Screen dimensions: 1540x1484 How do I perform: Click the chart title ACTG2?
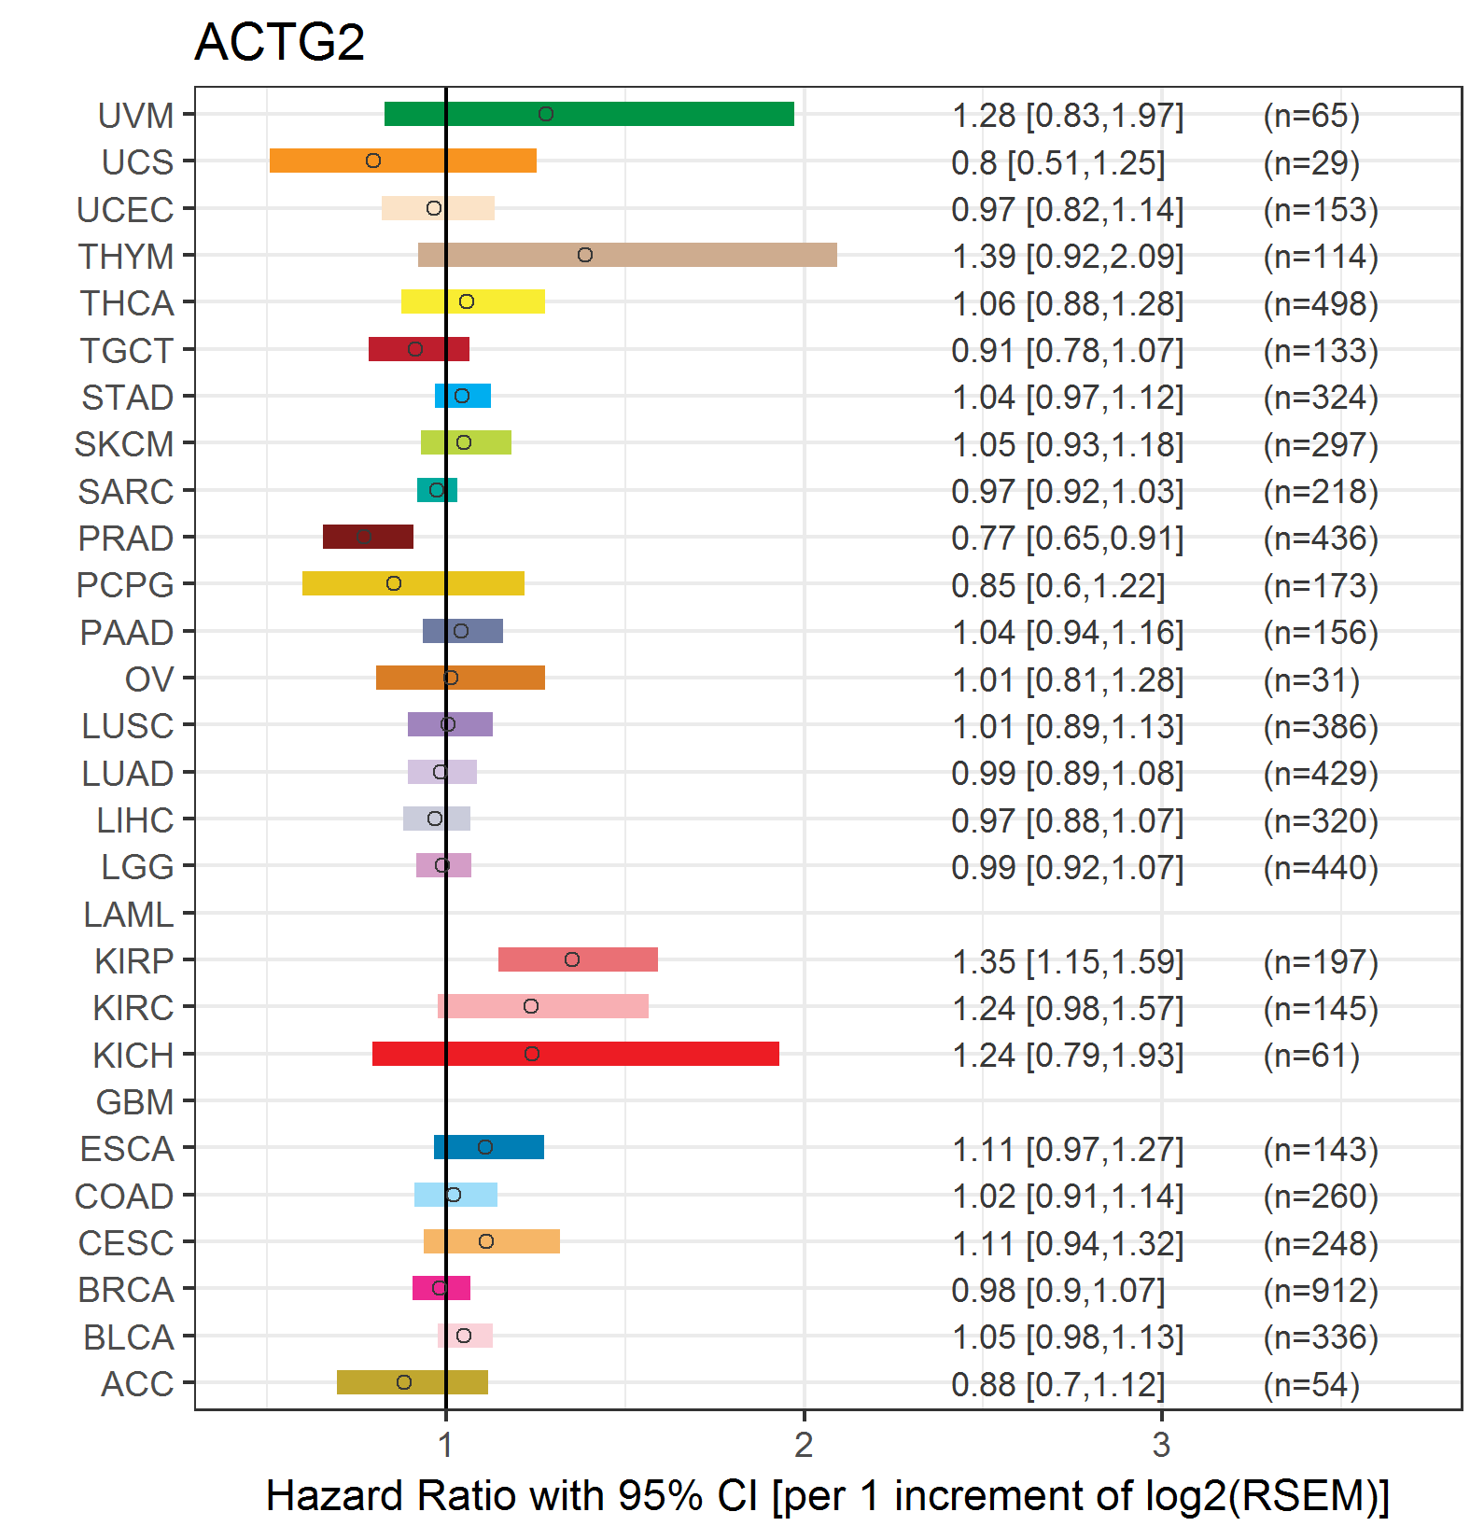click(x=279, y=42)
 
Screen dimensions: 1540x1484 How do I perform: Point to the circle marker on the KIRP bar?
click(x=572, y=959)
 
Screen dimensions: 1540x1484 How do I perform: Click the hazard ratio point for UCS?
click(x=373, y=161)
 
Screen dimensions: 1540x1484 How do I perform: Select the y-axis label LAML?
click(x=128, y=915)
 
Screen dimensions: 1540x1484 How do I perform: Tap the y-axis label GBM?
click(x=134, y=1102)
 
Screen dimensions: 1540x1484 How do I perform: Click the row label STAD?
click(x=127, y=398)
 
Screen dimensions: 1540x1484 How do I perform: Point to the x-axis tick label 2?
click(x=804, y=1445)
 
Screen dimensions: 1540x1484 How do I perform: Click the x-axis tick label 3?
click(x=1161, y=1445)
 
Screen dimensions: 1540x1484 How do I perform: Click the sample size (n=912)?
click(x=1321, y=1291)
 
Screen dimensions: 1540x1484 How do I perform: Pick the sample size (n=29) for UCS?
click(x=1311, y=163)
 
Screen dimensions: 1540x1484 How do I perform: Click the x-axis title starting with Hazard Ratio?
click(x=827, y=1495)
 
